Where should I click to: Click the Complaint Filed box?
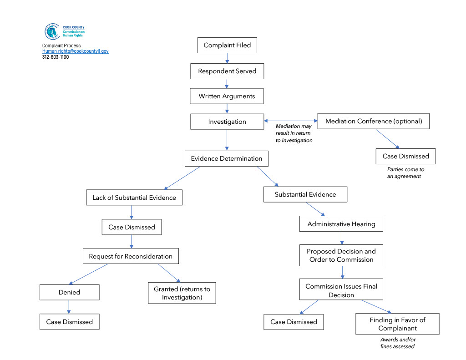coord(227,45)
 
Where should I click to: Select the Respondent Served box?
coord(227,71)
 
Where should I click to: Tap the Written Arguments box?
coord(227,96)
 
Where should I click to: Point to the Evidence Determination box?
coord(227,158)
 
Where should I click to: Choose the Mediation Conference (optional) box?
coord(373,121)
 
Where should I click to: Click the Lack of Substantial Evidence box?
coord(134,198)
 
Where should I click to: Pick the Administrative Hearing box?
coord(341,224)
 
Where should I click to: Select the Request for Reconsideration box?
coord(131,256)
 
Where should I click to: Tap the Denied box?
coord(70,292)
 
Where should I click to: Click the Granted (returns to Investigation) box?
coord(182,293)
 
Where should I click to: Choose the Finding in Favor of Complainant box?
coord(397,324)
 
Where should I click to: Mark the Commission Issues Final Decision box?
coord(341,289)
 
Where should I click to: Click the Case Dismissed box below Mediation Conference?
coord(405,157)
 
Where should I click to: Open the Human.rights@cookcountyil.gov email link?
coord(75,51)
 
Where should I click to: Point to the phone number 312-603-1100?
coord(56,57)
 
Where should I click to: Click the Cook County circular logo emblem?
coord(52,31)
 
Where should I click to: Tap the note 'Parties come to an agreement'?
coord(405,172)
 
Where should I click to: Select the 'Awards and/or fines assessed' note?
coord(398,343)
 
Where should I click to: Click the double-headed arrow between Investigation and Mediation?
coord(291,121)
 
